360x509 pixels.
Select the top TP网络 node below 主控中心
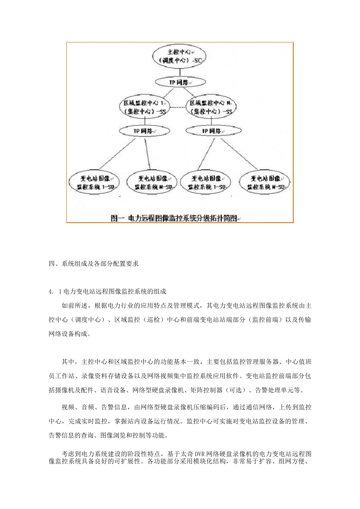[x=180, y=82]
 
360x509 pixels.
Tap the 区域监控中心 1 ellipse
[x=144, y=107]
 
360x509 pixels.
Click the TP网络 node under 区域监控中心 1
[x=142, y=131]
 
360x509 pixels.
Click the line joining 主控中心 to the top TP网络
[x=180, y=72]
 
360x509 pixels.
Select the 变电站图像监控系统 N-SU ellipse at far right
[x=265, y=183]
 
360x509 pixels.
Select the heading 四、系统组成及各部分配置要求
[x=94, y=264]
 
